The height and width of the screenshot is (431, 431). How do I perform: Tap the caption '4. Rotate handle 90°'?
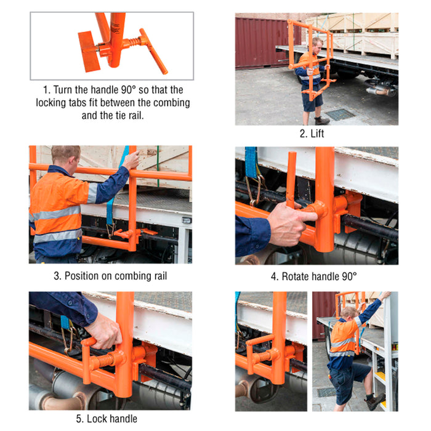(x=314, y=276)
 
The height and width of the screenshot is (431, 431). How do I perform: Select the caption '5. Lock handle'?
(x=107, y=419)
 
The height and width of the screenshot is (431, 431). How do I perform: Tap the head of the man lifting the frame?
(x=317, y=46)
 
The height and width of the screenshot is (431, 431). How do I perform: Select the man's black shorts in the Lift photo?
(x=312, y=100)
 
